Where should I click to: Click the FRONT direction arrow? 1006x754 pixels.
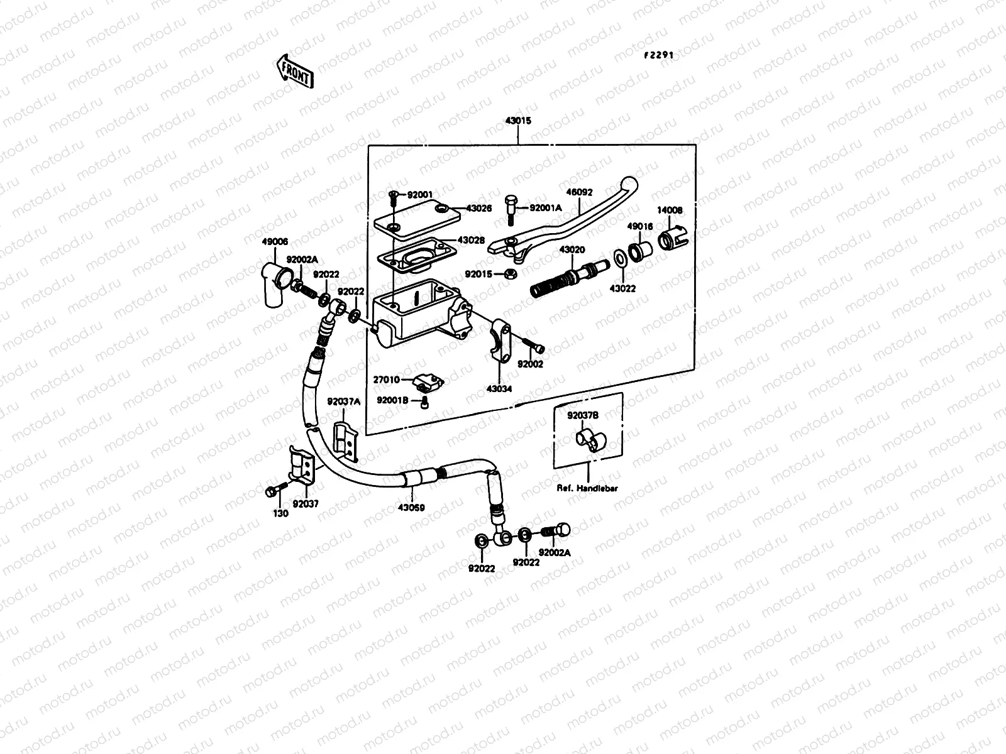pyautogui.click(x=294, y=70)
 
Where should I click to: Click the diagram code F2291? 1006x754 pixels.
pyautogui.click(x=658, y=55)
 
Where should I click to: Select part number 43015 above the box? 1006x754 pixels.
pyautogui.click(x=517, y=121)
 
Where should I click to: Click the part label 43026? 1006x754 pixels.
pyautogui.click(x=479, y=209)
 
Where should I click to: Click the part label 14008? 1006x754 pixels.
pyautogui.click(x=671, y=210)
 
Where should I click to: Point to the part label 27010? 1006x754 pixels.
pyautogui.click(x=386, y=380)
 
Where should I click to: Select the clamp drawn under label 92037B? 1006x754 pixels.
pyautogui.click(x=589, y=439)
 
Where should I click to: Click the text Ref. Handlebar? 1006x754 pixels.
pyautogui.click(x=587, y=488)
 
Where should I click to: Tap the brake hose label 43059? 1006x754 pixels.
pyautogui.click(x=411, y=507)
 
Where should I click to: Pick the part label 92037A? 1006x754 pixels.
pyautogui.click(x=343, y=402)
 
